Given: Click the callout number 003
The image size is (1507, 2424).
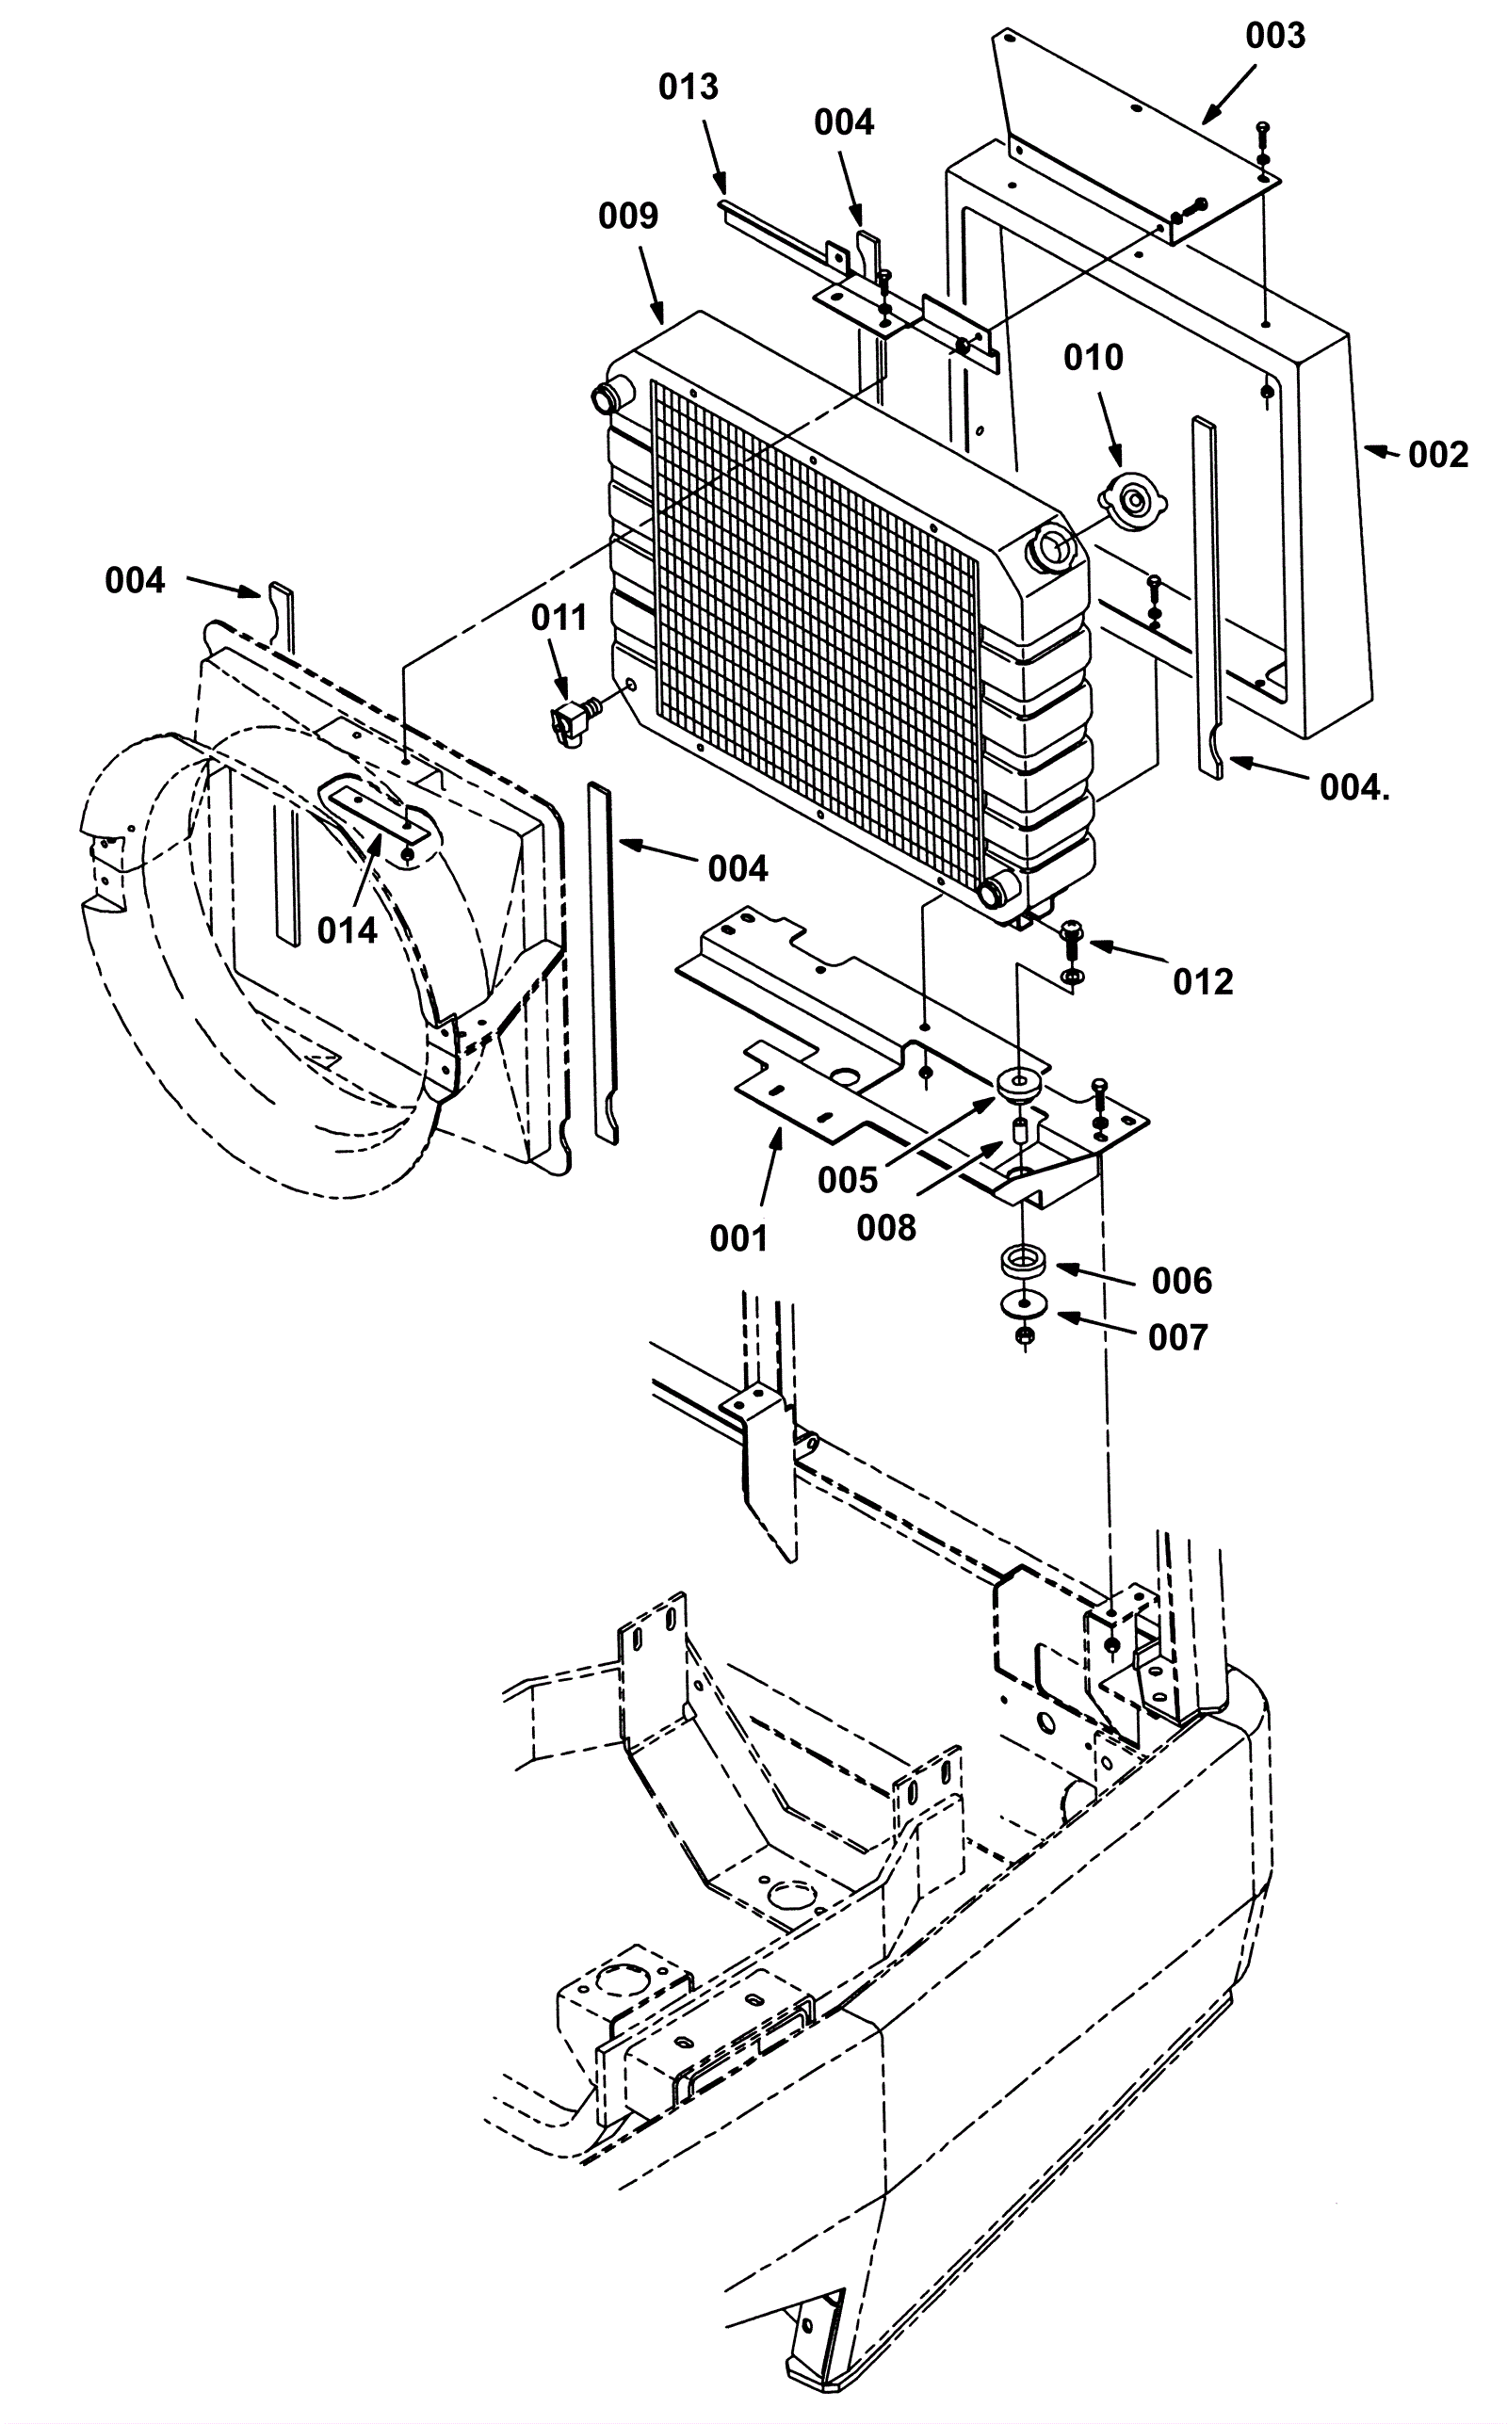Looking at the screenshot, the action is click(1274, 36).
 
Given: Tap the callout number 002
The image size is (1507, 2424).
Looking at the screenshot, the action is click(1438, 455).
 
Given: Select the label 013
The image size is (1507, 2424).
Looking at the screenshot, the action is click(688, 88).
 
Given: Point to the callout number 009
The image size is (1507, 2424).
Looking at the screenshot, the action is click(628, 216).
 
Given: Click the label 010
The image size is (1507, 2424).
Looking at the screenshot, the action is click(1093, 357).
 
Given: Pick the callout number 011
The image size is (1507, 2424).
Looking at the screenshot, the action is click(559, 618).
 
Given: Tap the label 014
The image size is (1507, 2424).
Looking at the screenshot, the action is click(347, 930).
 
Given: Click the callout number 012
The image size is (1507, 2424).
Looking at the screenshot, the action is click(1203, 982).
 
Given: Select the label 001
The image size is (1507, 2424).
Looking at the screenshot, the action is click(738, 1239).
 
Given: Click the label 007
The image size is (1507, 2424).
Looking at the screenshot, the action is click(1178, 1338).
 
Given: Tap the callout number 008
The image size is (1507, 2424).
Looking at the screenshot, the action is click(886, 1228).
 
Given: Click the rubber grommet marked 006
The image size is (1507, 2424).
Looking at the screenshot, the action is click(1023, 1261).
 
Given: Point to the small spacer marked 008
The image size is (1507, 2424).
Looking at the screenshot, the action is click(1021, 1133).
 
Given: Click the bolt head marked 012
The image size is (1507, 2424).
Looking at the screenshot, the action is click(1073, 932).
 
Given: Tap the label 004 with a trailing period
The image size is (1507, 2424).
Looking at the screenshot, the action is click(1354, 788).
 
